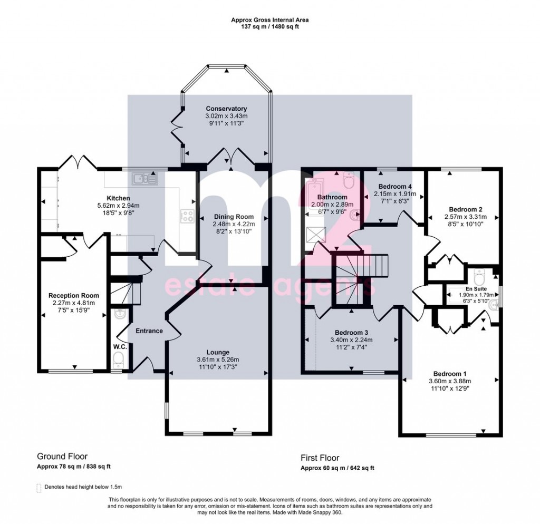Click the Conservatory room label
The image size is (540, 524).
point(226,109)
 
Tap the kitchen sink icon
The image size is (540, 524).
point(144,179)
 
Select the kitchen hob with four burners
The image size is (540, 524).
point(187,216)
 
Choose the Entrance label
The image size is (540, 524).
point(149,331)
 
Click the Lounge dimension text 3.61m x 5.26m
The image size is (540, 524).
point(218,360)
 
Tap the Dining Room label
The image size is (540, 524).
point(234,217)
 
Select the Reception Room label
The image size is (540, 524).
point(74,295)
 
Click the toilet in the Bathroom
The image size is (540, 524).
point(349,180)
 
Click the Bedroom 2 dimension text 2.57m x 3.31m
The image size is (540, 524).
point(466,217)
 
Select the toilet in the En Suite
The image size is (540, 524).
point(479,276)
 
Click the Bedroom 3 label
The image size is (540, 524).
point(351,333)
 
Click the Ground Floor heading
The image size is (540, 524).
point(62,457)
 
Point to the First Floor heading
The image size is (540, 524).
point(320,458)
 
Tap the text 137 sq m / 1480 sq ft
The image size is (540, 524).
point(269,26)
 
